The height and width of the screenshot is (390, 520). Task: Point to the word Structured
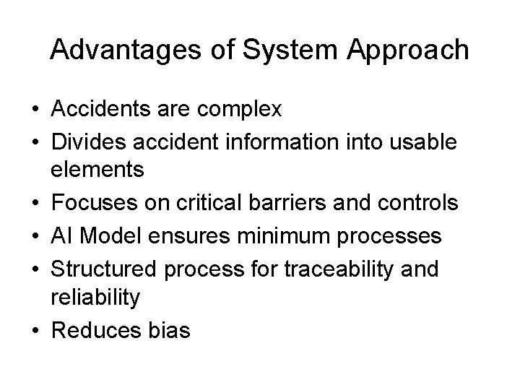[x=101, y=269]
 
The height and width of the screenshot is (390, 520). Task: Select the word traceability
[x=337, y=269]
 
